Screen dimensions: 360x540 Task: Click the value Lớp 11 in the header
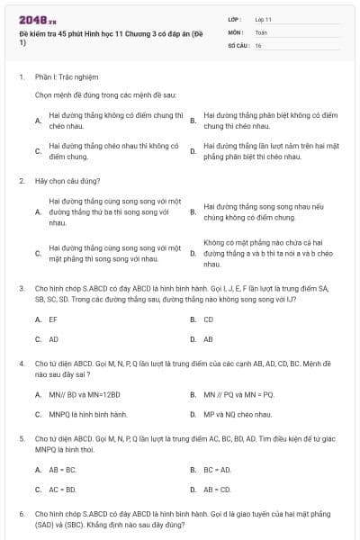coord(263,19)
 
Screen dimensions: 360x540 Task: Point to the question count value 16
coord(258,44)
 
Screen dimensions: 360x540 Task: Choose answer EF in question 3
coord(53,319)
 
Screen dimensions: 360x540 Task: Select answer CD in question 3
coord(209,319)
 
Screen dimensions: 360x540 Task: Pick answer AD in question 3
coord(54,339)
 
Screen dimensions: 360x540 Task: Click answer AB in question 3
coord(209,339)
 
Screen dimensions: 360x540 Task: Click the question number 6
coord(22,513)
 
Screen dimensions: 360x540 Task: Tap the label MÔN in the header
coord(235,31)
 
